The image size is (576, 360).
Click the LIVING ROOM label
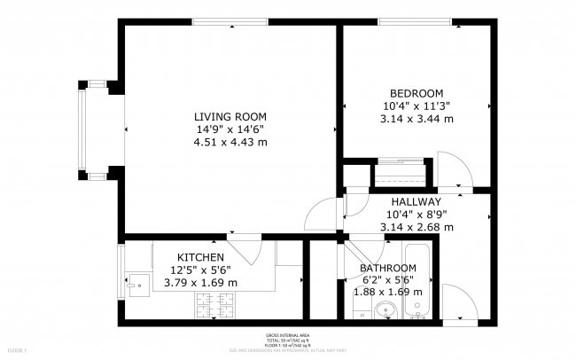(x=231, y=117)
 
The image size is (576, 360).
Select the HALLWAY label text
(x=416, y=202)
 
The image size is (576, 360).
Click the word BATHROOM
(x=387, y=268)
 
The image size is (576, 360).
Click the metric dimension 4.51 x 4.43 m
(x=231, y=142)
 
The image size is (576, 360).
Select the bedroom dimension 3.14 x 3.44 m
(x=416, y=118)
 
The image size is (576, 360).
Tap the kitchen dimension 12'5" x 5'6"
(x=200, y=270)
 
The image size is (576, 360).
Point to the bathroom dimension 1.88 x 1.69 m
(x=387, y=290)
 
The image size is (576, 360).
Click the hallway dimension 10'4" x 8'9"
(x=416, y=215)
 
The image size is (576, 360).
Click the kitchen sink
(x=136, y=285)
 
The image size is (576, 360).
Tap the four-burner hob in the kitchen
(x=214, y=306)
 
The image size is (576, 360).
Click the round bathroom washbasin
(x=384, y=309)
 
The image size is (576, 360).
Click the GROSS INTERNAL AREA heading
(x=289, y=335)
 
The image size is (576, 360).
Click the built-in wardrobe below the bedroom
(x=400, y=170)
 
